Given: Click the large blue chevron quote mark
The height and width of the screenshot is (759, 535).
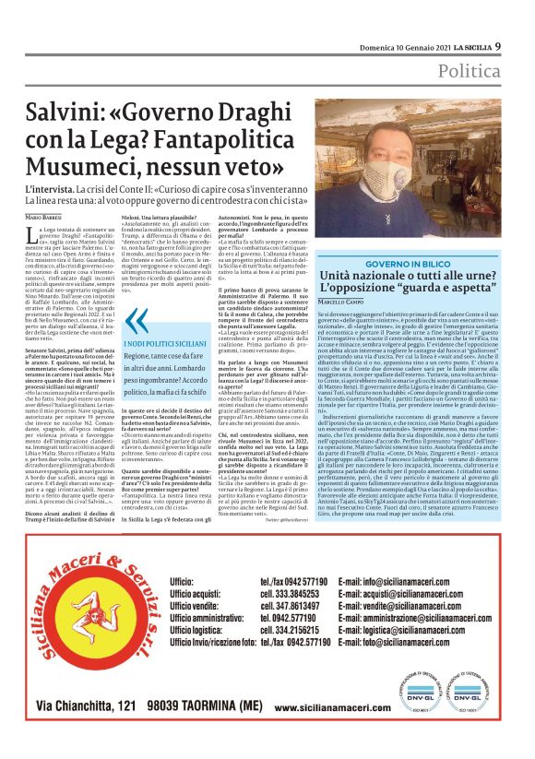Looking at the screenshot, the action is click(x=136, y=320).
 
